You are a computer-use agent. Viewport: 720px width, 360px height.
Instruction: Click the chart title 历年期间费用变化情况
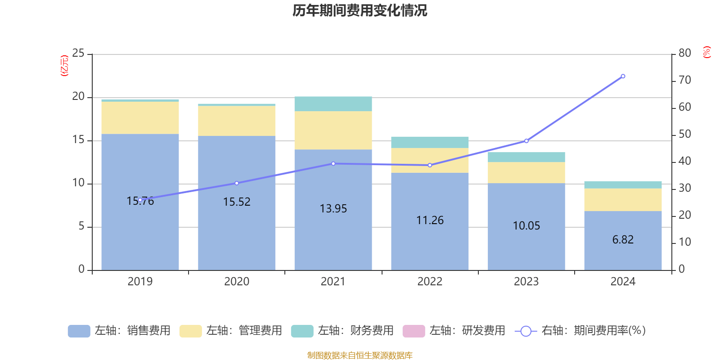(x=360, y=10)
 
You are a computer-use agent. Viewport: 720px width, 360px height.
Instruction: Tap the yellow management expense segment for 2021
(x=333, y=130)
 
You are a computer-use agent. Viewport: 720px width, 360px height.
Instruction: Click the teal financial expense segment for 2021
(x=333, y=103)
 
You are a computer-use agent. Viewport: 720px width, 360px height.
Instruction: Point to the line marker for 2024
(x=623, y=76)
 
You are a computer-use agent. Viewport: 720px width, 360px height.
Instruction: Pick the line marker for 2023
(x=526, y=141)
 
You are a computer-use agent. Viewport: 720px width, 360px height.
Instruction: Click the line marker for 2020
(x=237, y=183)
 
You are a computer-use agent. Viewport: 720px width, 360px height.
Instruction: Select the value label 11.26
(x=430, y=220)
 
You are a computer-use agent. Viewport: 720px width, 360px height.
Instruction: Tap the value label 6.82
(x=623, y=240)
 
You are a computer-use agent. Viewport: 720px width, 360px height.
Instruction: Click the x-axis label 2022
(x=430, y=282)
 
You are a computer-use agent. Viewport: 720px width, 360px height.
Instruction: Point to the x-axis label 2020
(x=237, y=282)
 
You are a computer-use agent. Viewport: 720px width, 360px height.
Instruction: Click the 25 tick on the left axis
(x=78, y=54)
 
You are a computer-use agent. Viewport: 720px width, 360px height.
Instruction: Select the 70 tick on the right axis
(x=684, y=80)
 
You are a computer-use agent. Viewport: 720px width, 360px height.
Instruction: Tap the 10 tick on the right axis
(x=684, y=242)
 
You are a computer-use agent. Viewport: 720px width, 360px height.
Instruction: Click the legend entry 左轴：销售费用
(x=120, y=331)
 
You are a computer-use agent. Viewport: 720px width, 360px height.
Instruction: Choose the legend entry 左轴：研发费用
(x=454, y=331)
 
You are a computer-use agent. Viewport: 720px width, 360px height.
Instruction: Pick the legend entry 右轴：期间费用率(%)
(x=580, y=331)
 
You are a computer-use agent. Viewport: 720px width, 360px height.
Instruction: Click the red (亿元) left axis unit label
(x=64, y=66)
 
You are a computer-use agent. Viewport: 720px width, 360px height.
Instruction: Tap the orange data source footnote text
(x=360, y=355)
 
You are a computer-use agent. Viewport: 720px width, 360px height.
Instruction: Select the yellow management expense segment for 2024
(x=623, y=200)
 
